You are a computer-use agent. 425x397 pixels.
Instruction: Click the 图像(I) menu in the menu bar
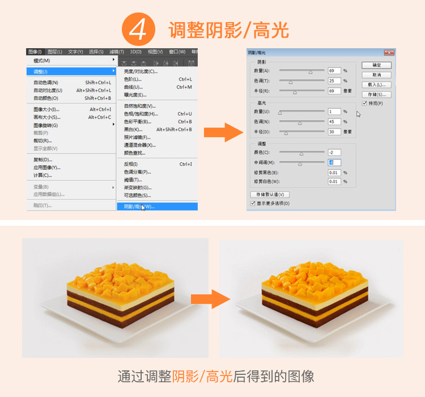[35, 52]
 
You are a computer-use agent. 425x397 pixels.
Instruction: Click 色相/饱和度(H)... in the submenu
[141, 114]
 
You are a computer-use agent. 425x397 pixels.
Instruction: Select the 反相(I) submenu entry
[131, 164]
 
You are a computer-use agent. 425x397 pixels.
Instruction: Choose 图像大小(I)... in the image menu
[46, 109]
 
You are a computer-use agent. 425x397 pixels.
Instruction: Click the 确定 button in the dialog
[377, 66]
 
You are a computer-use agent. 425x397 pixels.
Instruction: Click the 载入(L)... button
[377, 85]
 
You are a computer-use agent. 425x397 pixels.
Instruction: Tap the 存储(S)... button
[377, 95]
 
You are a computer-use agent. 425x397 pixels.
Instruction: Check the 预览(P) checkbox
[364, 104]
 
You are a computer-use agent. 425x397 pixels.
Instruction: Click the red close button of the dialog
[389, 53]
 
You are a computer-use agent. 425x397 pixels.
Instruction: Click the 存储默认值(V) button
[270, 195]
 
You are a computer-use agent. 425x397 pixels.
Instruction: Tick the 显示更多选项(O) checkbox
[253, 203]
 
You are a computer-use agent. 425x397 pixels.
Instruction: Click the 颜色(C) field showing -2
[334, 153]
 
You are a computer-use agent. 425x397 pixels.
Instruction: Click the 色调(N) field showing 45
[334, 122]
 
